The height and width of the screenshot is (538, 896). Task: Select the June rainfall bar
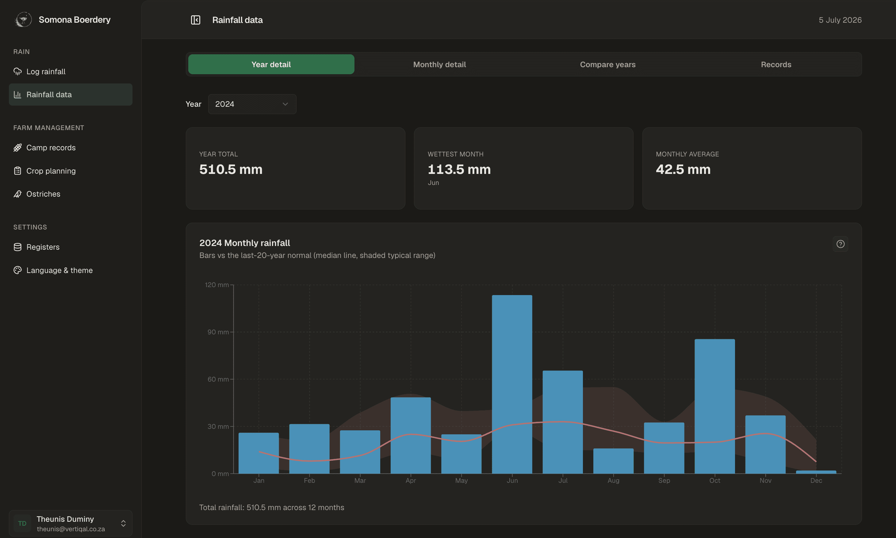(512, 384)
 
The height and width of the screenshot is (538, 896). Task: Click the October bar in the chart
(714, 406)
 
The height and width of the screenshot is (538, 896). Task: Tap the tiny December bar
(816, 472)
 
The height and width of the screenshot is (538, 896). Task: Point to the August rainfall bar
(613, 461)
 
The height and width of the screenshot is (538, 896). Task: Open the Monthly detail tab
(439, 64)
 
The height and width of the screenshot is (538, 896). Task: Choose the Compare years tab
(607, 64)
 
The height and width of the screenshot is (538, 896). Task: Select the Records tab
(776, 64)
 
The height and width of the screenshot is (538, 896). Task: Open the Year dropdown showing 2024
(252, 104)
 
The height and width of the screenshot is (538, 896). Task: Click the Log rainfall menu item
(46, 71)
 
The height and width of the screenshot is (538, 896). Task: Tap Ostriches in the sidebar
(44, 194)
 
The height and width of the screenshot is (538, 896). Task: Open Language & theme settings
(59, 270)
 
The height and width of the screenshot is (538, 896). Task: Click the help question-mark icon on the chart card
(840, 244)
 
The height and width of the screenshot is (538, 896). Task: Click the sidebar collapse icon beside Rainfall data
(196, 20)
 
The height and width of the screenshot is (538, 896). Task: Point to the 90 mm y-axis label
(218, 332)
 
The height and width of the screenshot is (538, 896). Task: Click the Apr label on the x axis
(411, 480)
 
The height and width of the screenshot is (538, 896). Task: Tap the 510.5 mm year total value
(231, 169)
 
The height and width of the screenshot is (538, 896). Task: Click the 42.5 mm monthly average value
(683, 169)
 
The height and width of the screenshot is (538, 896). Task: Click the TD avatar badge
(22, 523)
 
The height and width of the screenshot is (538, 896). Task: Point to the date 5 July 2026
(840, 20)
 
